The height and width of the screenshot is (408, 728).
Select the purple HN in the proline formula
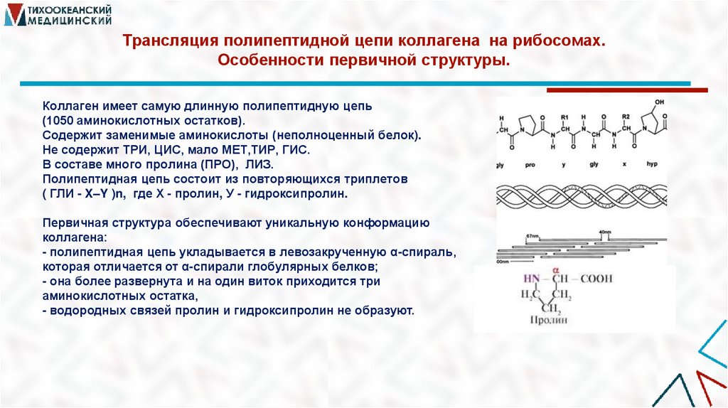532,279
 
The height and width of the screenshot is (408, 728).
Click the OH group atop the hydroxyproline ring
660,102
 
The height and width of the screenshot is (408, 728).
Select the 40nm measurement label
605,232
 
